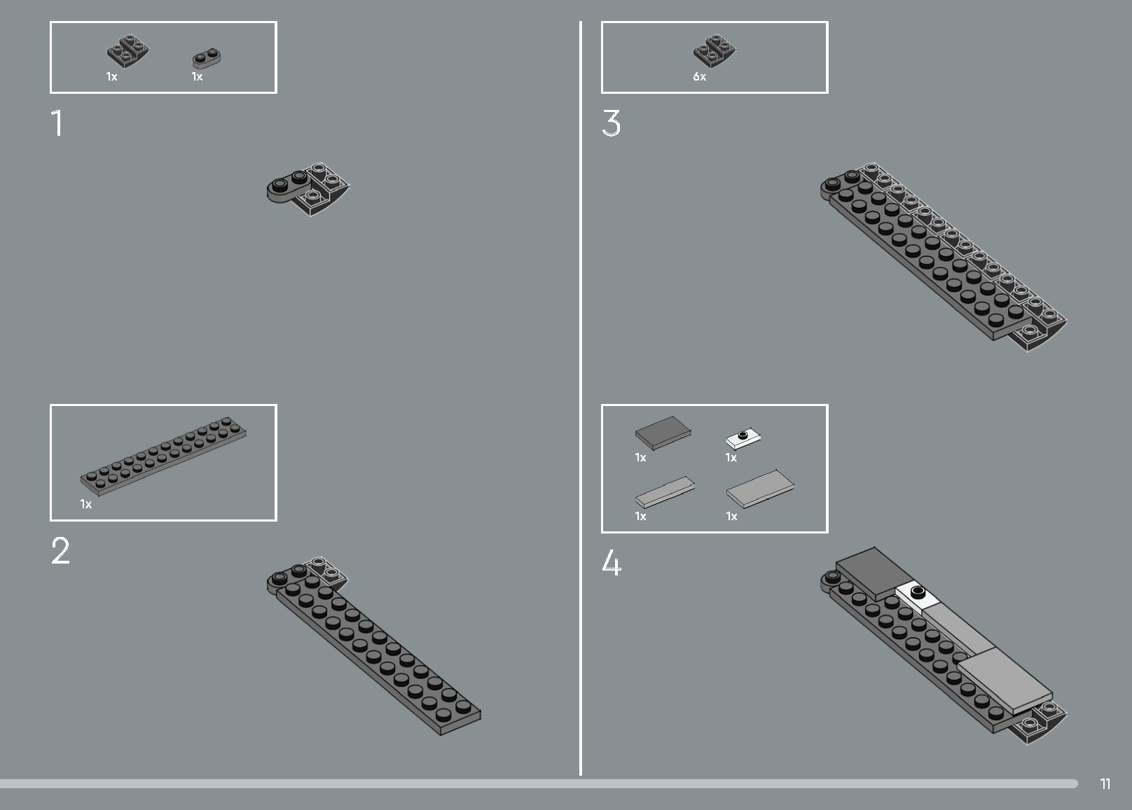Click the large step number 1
coord(57,123)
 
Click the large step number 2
coord(61,550)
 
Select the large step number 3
coord(611,123)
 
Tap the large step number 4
coord(612,563)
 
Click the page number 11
coord(1105,783)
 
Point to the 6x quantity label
coord(699,77)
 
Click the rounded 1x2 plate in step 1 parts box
coord(207,58)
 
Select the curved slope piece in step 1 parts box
coord(128,50)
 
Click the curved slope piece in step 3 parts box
coord(714,50)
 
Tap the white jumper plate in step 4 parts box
coord(743,438)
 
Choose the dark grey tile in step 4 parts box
coord(663,432)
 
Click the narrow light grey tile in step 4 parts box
coord(665,492)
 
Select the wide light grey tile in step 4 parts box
coord(760,489)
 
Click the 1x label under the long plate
coord(86,504)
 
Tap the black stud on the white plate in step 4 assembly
coord(917,592)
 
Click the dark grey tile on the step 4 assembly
coord(874,573)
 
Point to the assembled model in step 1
coord(308,189)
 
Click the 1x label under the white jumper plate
coord(731,458)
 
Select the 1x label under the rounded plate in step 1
coord(197,77)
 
